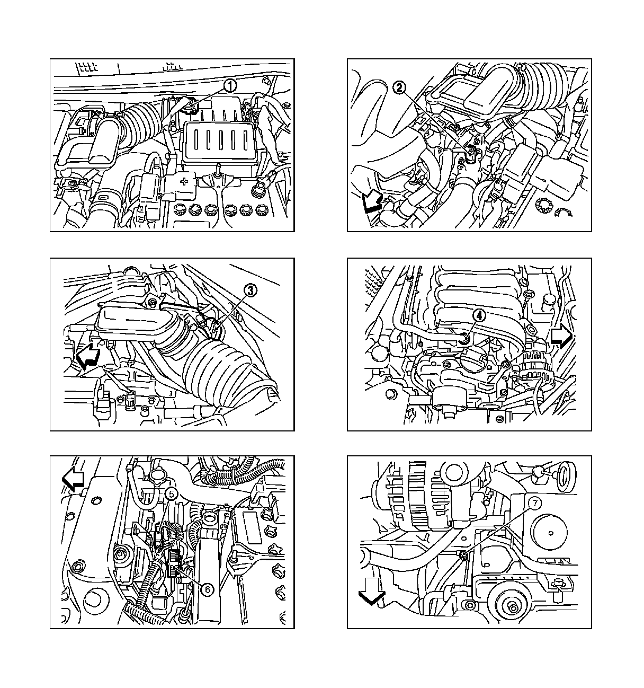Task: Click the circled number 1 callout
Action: [x=230, y=86]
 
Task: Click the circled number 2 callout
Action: [x=399, y=87]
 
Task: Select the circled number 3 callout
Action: [x=251, y=290]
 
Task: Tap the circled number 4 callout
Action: [x=479, y=315]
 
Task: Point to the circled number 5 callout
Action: [x=172, y=493]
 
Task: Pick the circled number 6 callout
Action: [x=208, y=589]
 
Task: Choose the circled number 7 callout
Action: [x=535, y=503]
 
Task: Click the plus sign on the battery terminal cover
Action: [x=184, y=181]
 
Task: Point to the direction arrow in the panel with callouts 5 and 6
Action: [x=73, y=479]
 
